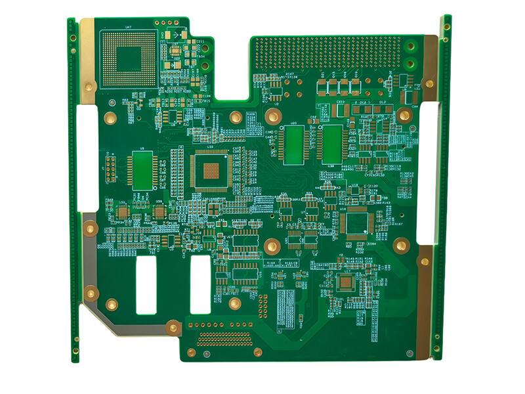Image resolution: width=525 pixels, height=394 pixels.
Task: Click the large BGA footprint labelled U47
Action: coord(129,58)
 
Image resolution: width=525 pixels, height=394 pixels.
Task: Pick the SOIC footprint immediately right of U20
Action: coord(333,144)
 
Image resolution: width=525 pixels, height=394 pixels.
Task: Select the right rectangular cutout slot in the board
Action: coord(200,284)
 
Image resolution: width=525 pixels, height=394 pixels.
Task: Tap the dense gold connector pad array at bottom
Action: coord(224,339)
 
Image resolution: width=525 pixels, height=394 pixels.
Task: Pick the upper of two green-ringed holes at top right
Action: coord(412,47)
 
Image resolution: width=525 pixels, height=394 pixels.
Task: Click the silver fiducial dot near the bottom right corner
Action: coord(411,354)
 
